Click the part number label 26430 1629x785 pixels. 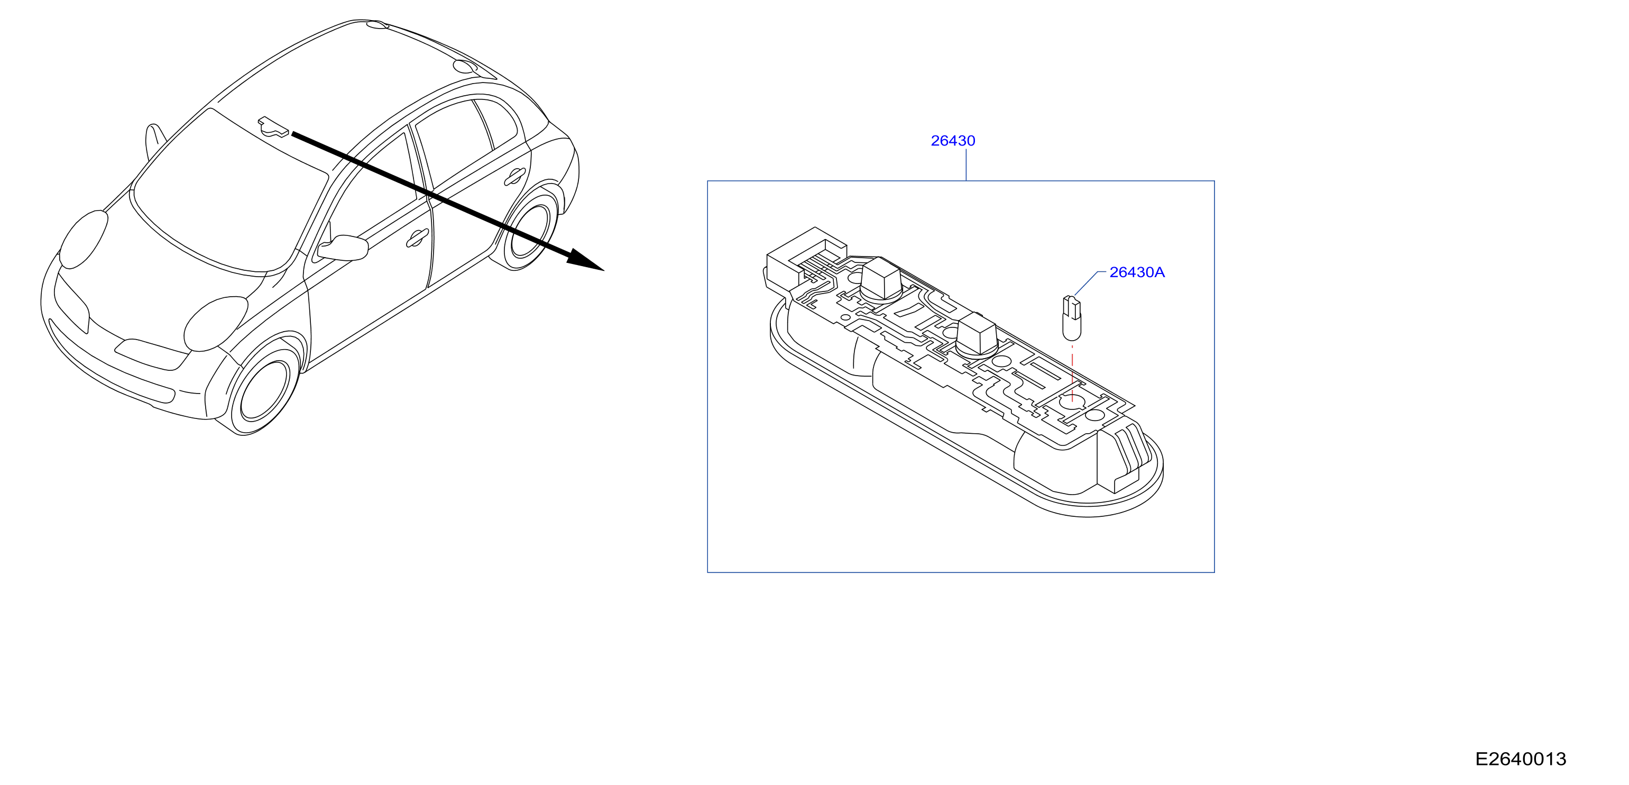[x=952, y=140]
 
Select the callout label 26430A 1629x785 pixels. [x=1136, y=272]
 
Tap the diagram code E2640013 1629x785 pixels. [x=1520, y=759]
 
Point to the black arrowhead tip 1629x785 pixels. [x=604, y=271]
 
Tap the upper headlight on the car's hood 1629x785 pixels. [x=83, y=239]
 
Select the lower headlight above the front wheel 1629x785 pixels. [x=216, y=323]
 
